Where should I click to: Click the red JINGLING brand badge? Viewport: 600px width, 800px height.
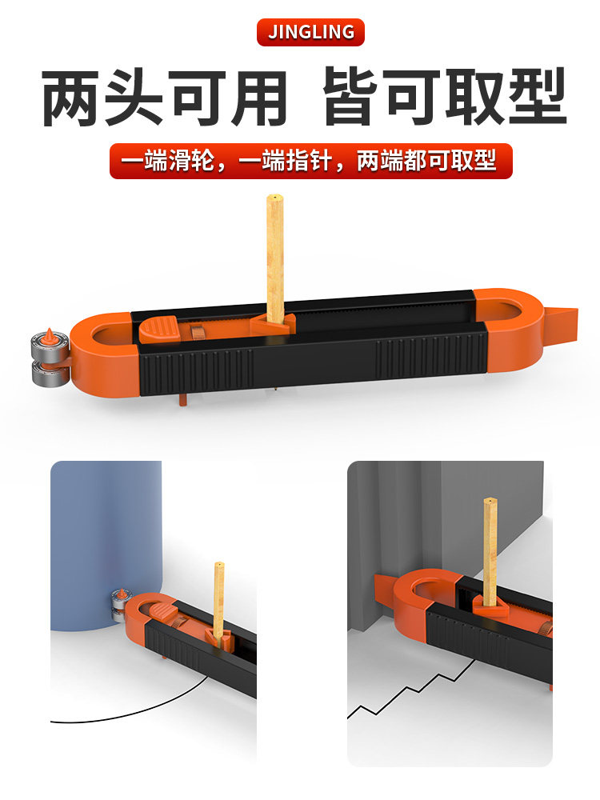[x=310, y=32]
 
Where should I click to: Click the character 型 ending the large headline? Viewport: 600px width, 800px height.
[x=538, y=97]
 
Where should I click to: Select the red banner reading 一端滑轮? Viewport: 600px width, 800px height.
[x=310, y=162]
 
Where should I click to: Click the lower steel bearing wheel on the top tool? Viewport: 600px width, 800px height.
[x=49, y=373]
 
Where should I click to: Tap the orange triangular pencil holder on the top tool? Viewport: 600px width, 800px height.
[x=273, y=325]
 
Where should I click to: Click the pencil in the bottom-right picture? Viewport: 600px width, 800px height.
[x=490, y=551]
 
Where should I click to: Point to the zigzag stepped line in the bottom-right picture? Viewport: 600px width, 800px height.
[x=414, y=689]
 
